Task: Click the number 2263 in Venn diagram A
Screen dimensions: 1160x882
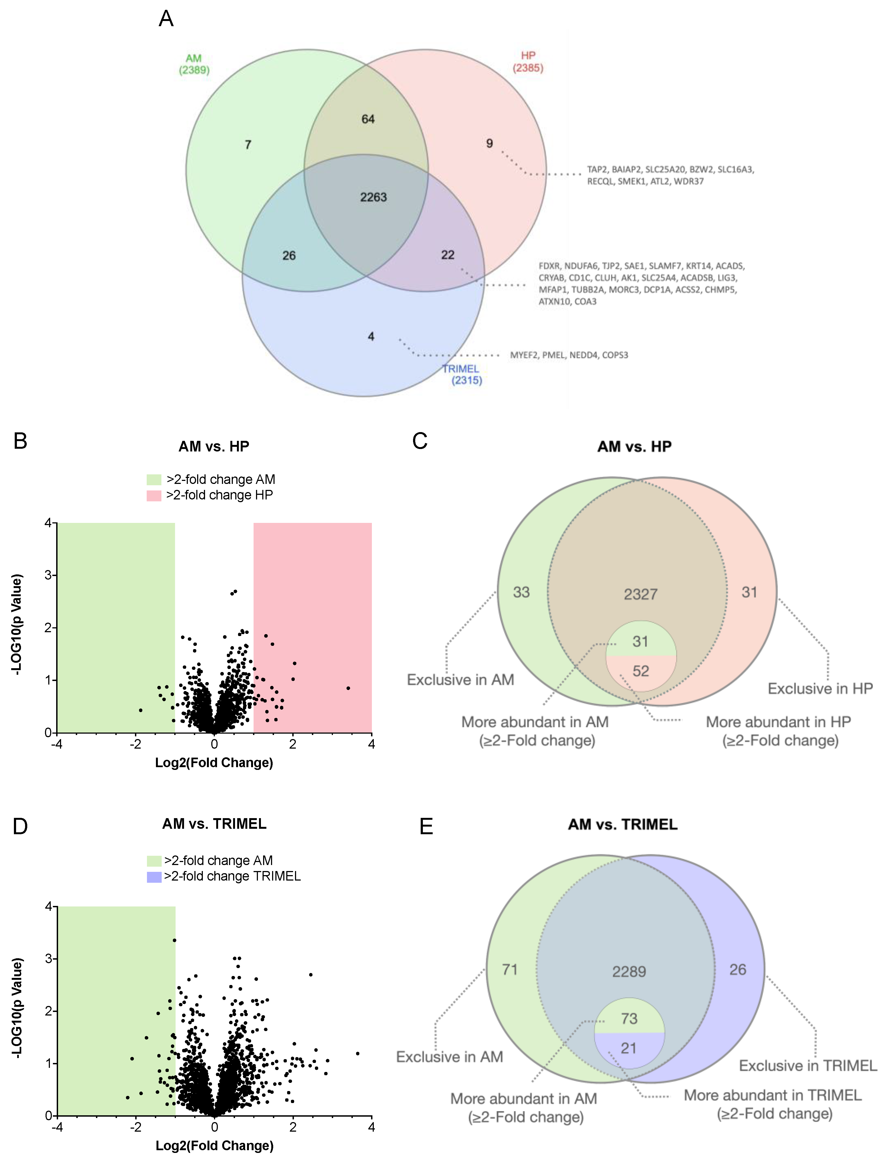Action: click(373, 197)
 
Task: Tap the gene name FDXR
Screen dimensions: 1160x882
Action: click(549, 266)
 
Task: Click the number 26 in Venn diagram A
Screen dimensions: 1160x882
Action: click(289, 256)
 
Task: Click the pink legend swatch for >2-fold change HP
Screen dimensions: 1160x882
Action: click(154, 496)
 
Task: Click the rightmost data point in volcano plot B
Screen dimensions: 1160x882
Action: click(348, 688)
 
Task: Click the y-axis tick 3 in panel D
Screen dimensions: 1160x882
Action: click(48, 959)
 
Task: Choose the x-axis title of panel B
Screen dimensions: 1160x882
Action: click(214, 763)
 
